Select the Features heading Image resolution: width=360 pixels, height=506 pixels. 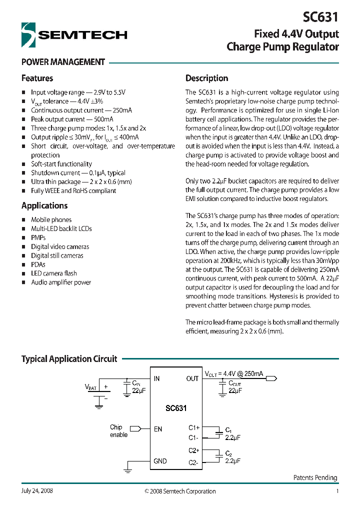[37, 78]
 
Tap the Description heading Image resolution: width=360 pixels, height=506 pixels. [206, 78]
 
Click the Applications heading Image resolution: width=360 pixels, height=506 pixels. [44, 206]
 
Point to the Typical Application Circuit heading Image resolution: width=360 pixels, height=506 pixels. [69, 359]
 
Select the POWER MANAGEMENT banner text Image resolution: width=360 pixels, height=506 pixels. [63, 62]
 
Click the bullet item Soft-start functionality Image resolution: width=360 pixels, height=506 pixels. [61, 164]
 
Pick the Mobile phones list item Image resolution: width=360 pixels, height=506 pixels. [51, 220]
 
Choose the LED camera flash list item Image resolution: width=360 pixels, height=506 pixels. [54, 273]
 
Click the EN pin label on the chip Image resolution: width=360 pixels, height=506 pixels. [158, 429]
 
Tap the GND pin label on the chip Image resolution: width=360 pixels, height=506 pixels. [160, 461]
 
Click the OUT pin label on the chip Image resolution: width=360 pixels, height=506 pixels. [192, 379]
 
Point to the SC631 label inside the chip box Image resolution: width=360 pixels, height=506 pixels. [176, 408]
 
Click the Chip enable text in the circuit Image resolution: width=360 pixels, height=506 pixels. [118, 431]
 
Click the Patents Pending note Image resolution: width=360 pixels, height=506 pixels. [315, 478]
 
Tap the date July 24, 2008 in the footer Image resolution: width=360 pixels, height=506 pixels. [37, 491]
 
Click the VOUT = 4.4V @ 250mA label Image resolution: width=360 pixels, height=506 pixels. [234, 373]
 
